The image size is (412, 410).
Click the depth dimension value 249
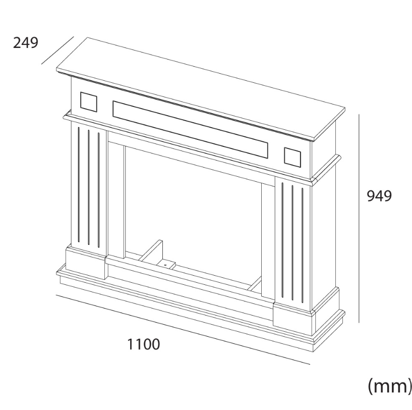pos(26,42)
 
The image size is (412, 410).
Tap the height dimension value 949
pos(379,196)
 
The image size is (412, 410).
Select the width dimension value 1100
pos(143,344)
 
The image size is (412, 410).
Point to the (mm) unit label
pos(390,386)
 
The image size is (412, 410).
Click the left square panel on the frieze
pos(89,102)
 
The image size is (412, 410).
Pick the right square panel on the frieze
pos(292,157)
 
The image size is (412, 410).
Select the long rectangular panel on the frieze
pos(190,129)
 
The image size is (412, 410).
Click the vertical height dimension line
pos(359,218)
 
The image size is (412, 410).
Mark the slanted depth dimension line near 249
pos(57,50)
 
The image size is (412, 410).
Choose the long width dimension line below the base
pos(183,330)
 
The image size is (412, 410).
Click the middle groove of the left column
pos(89,188)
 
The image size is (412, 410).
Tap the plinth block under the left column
pos(85,263)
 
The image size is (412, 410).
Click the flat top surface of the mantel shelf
pos(201,87)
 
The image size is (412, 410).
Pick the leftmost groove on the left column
pos(79,184)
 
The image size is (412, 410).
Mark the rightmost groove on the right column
pos(303,245)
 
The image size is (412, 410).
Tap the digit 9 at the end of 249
pos(34,43)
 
